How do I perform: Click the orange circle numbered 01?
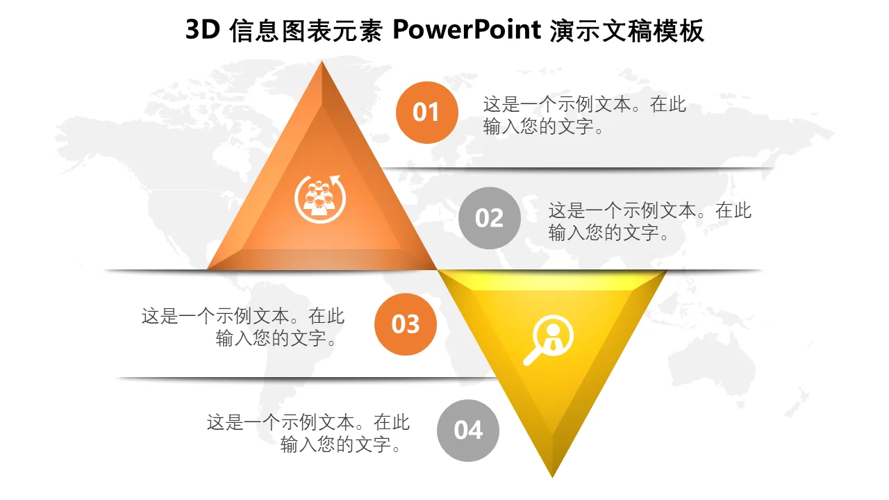coord(426,112)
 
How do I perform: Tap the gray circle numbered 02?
coord(490,218)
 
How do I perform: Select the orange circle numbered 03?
coord(405,324)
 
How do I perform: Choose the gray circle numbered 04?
coord(468,431)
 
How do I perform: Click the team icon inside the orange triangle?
coord(320,199)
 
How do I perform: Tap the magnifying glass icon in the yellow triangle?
coord(549,340)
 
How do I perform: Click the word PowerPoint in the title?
coord(467,30)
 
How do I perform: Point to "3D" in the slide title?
coord(202,30)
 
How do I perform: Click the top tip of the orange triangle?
coord(322,61)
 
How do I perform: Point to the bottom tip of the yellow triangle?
coord(552,477)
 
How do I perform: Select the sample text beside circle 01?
coord(584,115)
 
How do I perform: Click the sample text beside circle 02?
coord(649,222)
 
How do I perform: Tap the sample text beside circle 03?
coord(243,327)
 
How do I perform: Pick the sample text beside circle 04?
coord(308,433)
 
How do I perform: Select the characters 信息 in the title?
coord(254,30)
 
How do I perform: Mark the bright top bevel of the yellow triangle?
coord(552,280)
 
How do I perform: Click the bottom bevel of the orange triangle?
coord(322,260)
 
